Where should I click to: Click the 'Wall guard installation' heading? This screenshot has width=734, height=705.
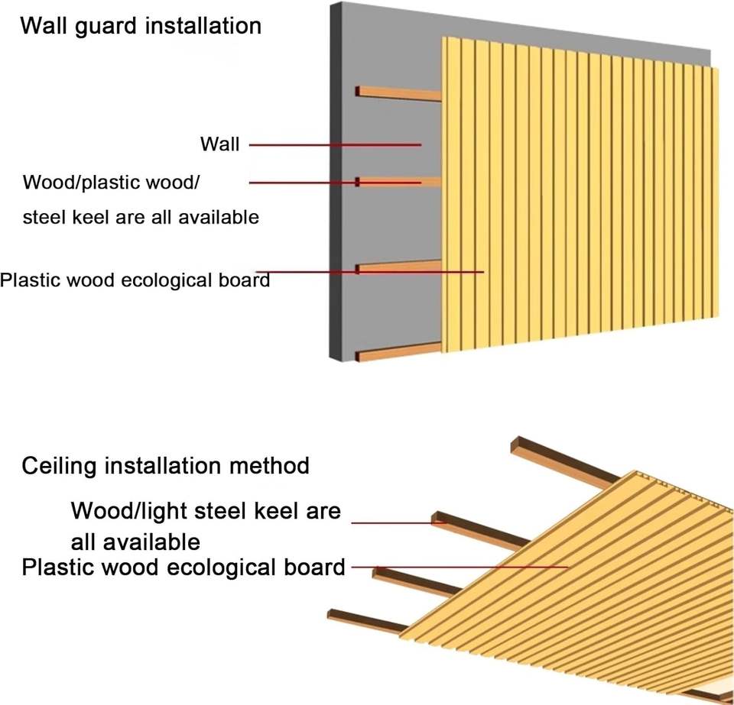141,25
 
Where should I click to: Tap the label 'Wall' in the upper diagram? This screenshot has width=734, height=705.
219,144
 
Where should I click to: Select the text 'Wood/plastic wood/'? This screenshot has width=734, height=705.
112,183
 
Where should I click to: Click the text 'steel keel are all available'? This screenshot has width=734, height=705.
141,218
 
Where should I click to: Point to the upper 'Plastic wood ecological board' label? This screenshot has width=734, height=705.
135,280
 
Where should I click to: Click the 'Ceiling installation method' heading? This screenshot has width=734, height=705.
166,466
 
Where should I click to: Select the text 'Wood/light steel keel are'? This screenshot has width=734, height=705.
206,510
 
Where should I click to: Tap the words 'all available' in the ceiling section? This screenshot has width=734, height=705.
136,542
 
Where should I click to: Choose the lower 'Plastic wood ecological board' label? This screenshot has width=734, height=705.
183,567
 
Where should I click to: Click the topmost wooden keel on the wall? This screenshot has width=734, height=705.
398,93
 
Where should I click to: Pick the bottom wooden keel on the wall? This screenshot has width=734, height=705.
398,352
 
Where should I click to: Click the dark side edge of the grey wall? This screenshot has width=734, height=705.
336,181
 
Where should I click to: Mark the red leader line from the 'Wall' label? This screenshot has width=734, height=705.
335,145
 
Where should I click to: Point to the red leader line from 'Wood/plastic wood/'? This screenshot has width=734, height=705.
335,183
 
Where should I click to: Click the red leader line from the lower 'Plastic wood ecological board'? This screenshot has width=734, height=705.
460,568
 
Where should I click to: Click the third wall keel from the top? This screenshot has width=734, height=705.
398,267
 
